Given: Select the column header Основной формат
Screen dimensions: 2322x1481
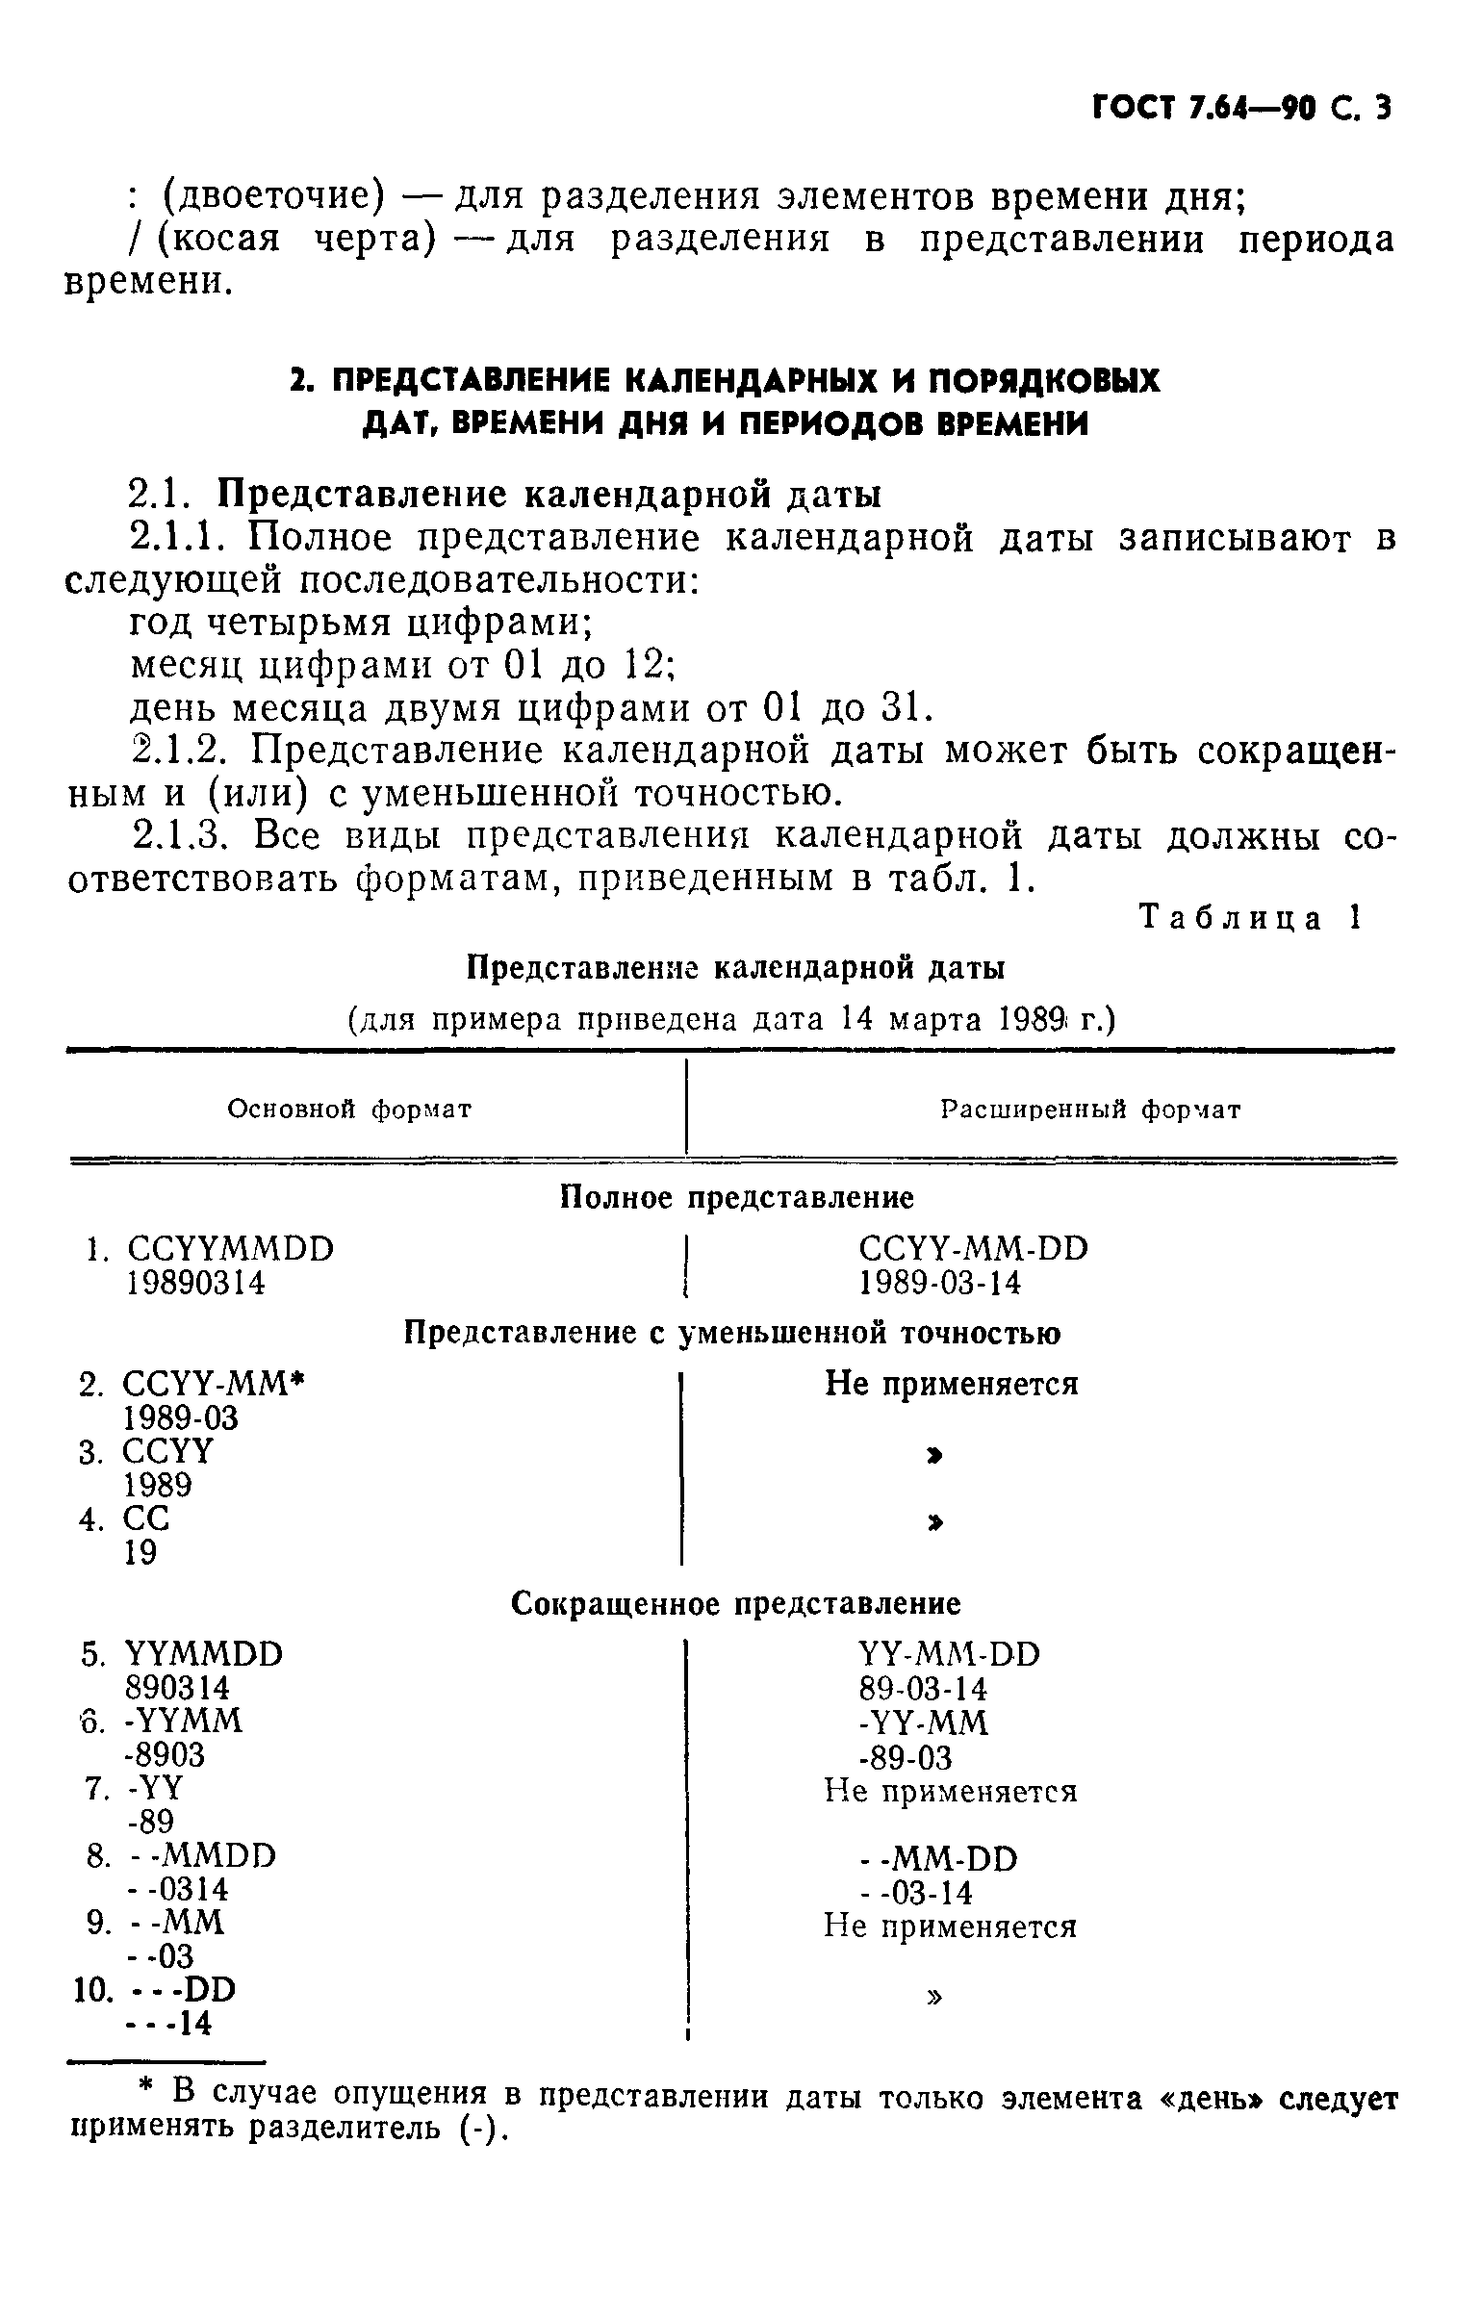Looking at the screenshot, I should click(349, 1109).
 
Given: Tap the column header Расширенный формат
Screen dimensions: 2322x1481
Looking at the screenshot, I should click(1090, 1109).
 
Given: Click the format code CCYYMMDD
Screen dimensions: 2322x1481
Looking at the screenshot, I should click(230, 1249).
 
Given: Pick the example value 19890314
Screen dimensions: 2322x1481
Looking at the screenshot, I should click(195, 1283).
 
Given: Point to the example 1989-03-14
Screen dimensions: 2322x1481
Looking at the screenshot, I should click(940, 1283).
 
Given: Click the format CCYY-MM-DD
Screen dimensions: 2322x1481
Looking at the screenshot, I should click(973, 1249).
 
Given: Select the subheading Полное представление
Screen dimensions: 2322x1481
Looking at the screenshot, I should click(736, 1198).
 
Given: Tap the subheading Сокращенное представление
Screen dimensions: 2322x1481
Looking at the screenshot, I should click(735, 1603).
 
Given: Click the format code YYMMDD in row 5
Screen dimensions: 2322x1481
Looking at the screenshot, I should click(203, 1655).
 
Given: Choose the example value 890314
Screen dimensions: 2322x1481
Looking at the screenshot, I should click(177, 1689).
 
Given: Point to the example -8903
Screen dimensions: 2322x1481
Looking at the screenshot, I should click(166, 1754).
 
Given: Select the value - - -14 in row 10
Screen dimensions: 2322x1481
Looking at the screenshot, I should click(168, 2023).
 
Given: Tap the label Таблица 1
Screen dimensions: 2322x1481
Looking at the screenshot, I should click(1250, 917).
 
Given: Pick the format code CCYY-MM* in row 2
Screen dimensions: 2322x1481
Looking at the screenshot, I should click(213, 1384).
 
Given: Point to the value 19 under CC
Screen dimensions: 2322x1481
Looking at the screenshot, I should click(140, 1552).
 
